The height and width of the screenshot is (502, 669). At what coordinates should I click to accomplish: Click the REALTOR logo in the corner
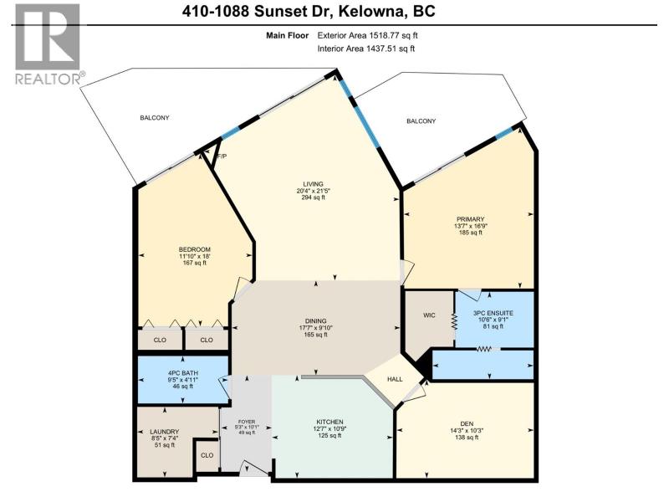[x=48, y=44]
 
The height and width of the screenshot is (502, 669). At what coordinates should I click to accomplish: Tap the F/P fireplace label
[x=222, y=156]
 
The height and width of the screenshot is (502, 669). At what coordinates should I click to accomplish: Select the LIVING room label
[x=313, y=184]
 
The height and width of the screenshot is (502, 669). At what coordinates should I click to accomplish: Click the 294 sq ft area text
[x=313, y=197]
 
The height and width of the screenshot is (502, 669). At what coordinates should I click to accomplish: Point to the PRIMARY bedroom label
[x=470, y=219]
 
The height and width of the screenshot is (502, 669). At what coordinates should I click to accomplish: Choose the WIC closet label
[x=429, y=315]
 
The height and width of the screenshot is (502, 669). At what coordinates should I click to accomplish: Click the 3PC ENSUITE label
[x=493, y=313]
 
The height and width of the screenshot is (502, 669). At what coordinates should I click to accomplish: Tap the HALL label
[x=395, y=379]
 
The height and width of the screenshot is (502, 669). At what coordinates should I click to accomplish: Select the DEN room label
[x=467, y=424]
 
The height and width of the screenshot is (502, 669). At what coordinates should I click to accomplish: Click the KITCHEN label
[x=330, y=422]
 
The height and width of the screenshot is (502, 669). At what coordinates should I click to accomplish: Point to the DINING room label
[x=316, y=321]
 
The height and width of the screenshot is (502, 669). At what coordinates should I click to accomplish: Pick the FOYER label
[x=247, y=422]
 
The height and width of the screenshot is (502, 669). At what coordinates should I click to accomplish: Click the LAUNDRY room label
[x=164, y=432]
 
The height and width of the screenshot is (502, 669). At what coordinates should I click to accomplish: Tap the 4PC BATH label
[x=183, y=372]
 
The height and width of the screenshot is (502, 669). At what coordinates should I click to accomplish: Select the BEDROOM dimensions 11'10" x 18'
[x=195, y=256]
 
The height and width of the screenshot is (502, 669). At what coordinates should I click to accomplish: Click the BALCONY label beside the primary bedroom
[x=421, y=121]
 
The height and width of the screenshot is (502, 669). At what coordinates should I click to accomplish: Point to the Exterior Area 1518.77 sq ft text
[x=367, y=36]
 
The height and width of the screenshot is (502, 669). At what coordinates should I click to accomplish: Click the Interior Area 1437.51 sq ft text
[x=366, y=49]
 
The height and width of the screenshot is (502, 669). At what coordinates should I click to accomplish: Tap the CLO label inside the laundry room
[x=207, y=455]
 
